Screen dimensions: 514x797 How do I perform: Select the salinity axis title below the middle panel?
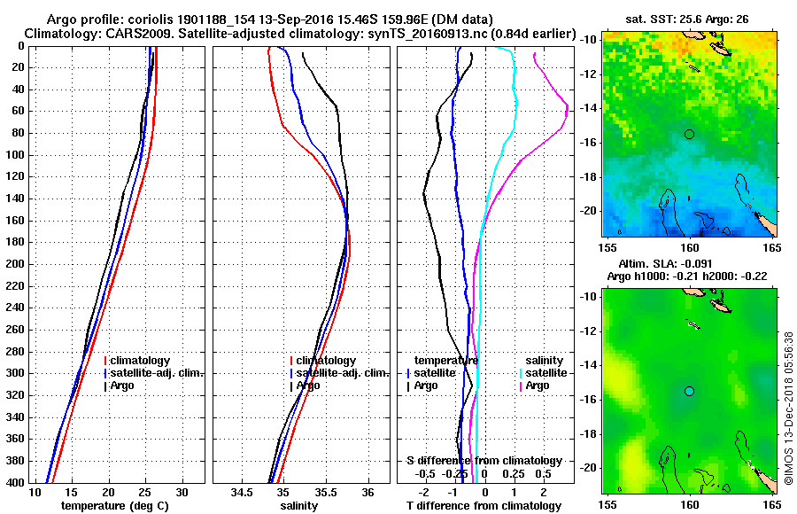(x=298, y=506)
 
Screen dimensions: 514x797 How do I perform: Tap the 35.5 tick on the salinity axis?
(x=325, y=492)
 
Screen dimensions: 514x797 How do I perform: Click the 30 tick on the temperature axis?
(x=182, y=492)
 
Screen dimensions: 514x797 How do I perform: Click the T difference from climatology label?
(x=484, y=506)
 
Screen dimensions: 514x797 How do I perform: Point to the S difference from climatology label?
(x=484, y=461)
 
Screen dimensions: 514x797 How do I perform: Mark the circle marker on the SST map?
(x=689, y=134)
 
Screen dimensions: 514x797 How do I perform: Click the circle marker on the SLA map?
(x=689, y=391)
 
